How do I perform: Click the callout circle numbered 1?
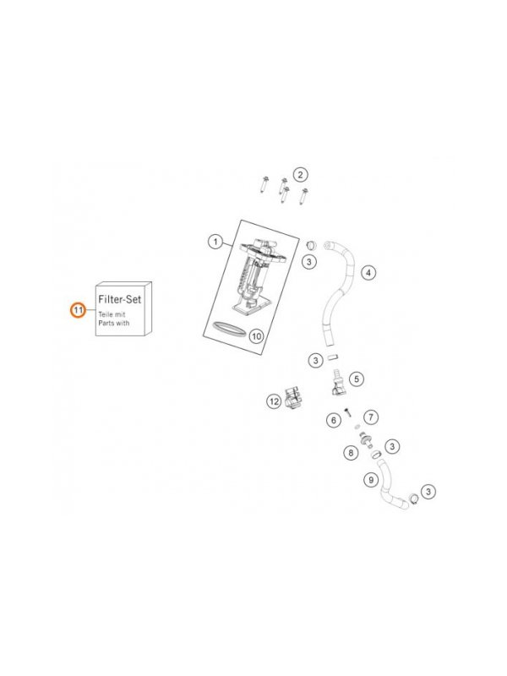tap(215, 242)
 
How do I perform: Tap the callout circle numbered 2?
tap(300, 175)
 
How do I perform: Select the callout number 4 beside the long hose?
tap(368, 272)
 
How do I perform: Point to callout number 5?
tap(356, 379)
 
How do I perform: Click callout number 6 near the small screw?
tap(333, 420)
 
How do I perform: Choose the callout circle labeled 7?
tap(371, 417)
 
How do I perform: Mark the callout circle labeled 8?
tap(351, 453)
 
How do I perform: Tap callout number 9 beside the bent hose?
tap(371, 479)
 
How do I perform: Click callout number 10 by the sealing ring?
tap(256, 335)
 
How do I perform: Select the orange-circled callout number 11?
tap(78, 310)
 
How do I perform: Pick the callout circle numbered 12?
tap(274, 402)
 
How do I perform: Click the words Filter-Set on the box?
tap(119, 299)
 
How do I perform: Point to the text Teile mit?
tap(112, 314)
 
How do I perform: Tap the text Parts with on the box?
tap(114, 323)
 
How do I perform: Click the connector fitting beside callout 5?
tap(338, 382)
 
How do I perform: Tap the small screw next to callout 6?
tap(347, 412)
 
